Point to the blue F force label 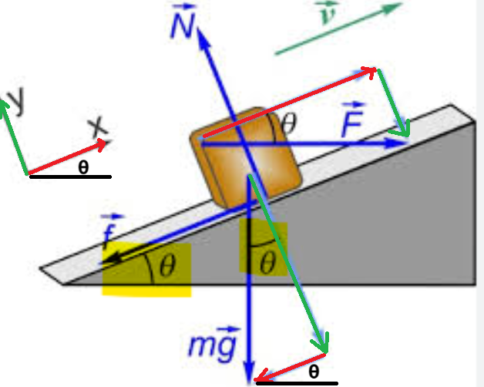[353, 119]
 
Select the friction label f [110, 231]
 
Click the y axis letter [16, 99]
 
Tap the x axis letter [98, 126]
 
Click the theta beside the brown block [289, 123]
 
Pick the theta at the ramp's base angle [168, 264]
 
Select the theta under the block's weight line [267, 262]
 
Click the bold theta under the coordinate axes [83, 167]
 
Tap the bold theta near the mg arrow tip [314, 372]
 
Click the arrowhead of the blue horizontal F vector [398, 143]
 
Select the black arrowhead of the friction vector [112, 259]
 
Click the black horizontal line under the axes [70, 177]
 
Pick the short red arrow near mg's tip [290, 368]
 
